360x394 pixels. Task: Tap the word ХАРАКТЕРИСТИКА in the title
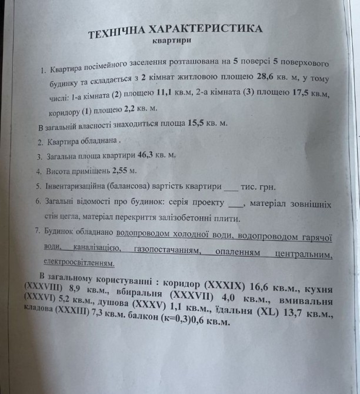click(x=210, y=29)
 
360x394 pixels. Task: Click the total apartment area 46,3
click(x=149, y=156)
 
